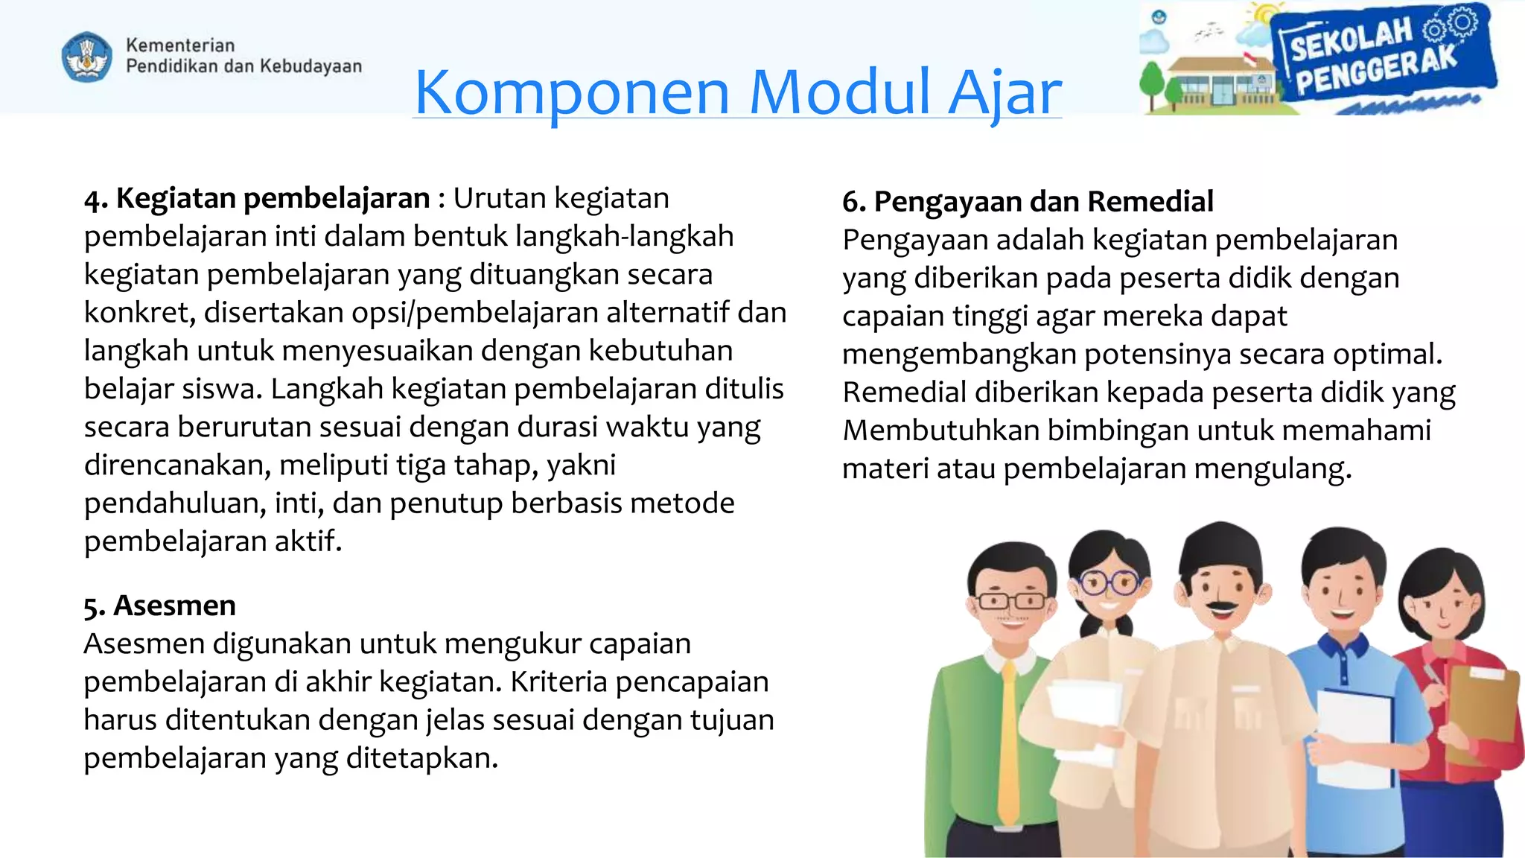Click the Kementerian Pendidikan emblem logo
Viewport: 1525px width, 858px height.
click(x=86, y=57)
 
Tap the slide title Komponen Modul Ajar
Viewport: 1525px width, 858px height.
click(x=737, y=92)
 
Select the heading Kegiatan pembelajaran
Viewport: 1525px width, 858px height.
click(x=273, y=198)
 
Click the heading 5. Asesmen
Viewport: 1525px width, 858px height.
click(x=159, y=606)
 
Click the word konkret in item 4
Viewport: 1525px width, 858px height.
click(x=138, y=313)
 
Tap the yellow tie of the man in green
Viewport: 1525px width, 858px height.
click(x=1009, y=745)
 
